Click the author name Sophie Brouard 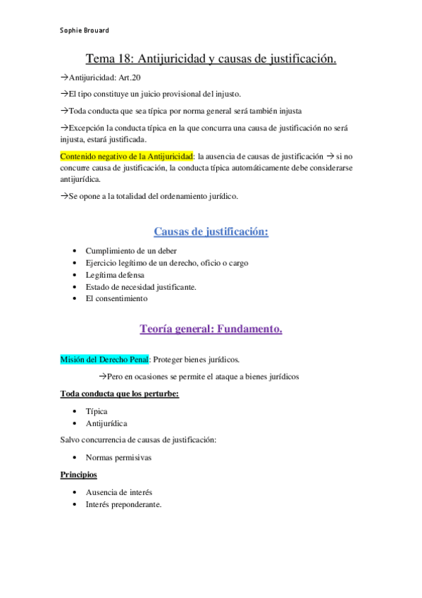pyautogui.click(x=84, y=30)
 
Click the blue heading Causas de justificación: pyautogui.click(x=211, y=231)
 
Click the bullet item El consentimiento pyautogui.click(x=116, y=298)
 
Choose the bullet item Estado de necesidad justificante pyautogui.click(x=141, y=286)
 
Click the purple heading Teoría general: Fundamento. pyautogui.click(x=211, y=329)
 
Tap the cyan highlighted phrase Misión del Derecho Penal pyautogui.click(x=104, y=360)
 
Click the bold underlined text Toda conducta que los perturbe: pyautogui.click(x=119, y=393)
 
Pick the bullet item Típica pyautogui.click(x=97, y=410)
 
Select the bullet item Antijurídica pyautogui.click(x=106, y=423)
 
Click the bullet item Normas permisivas pyautogui.click(x=119, y=457)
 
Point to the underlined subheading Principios pyautogui.click(x=78, y=475)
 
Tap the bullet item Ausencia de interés pyautogui.click(x=118, y=492)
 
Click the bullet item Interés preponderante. pyautogui.click(x=123, y=504)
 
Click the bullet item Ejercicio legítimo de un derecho pyautogui.click(x=166, y=262)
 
